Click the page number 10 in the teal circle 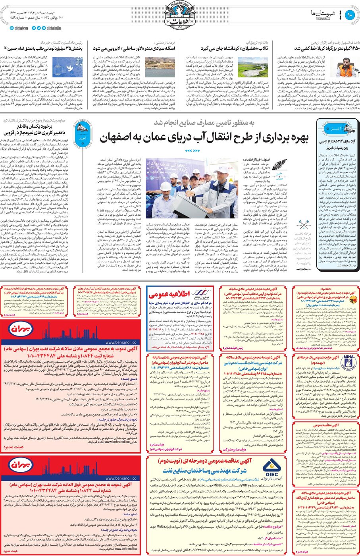point(350,15)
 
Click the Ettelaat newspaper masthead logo point(180,14)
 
